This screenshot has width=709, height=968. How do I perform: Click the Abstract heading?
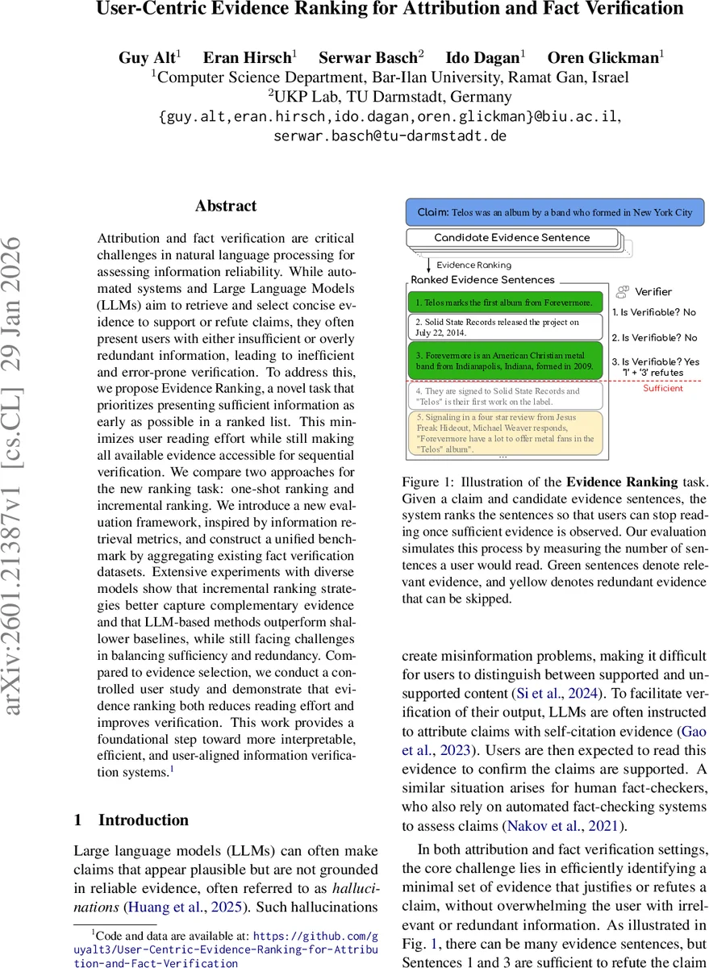tap(226, 206)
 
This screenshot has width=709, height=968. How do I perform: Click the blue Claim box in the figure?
tap(554, 212)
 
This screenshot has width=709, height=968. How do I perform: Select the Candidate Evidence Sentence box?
tap(512, 238)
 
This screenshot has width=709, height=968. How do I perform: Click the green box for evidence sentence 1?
tap(505, 302)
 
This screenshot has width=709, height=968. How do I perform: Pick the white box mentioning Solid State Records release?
tap(505, 327)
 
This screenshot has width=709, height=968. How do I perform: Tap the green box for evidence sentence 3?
tap(505, 360)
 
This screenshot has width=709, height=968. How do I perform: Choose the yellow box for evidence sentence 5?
tap(505, 432)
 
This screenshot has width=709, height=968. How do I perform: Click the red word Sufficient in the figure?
tap(662, 388)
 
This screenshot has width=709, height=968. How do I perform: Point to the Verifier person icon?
tap(623, 292)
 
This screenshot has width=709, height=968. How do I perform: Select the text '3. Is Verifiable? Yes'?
tap(655, 361)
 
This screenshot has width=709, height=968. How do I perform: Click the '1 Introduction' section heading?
tap(131, 820)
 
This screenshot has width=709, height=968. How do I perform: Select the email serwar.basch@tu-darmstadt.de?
tap(390, 136)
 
